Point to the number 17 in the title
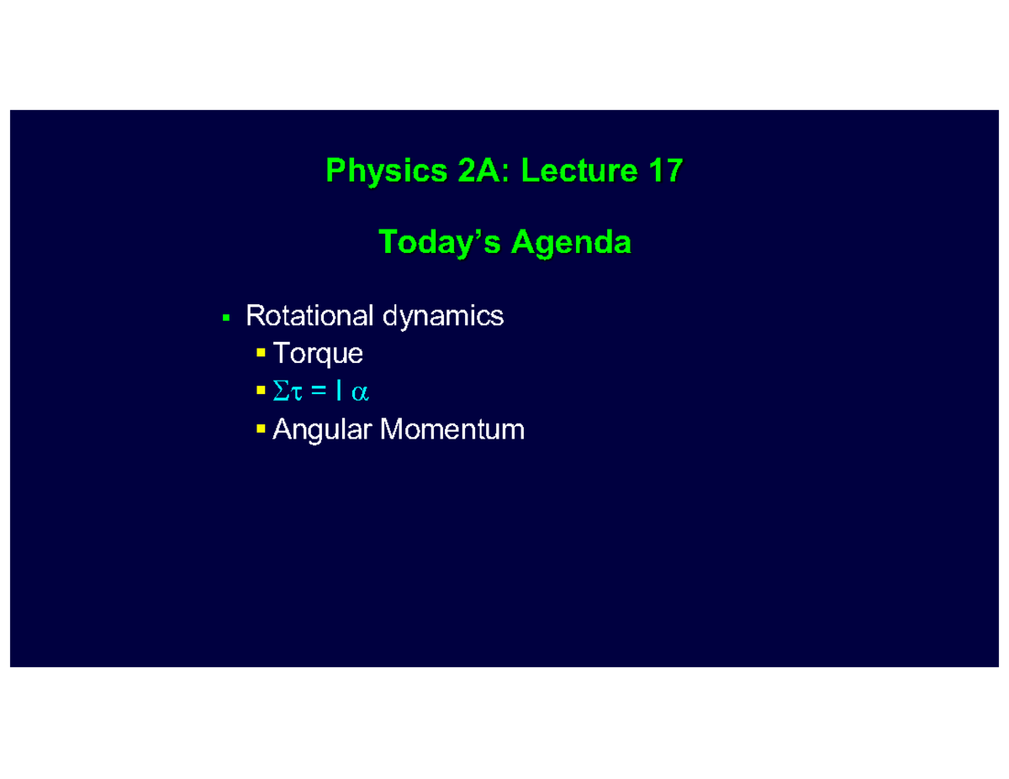(x=665, y=171)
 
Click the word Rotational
(x=309, y=316)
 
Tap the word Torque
(x=318, y=355)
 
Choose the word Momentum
(x=452, y=430)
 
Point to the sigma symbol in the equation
(x=280, y=392)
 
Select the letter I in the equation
(x=339, y=392)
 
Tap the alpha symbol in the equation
(x=361, y=392)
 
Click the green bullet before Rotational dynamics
(x=225, y=318)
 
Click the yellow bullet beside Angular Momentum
(x=261, y=429)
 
